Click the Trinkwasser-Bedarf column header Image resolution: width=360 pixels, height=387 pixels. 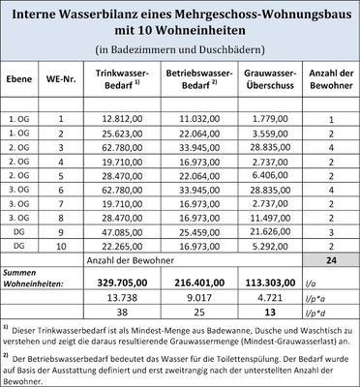122,79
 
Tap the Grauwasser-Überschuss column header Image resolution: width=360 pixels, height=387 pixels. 258,79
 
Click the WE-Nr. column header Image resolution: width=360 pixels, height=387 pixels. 60,79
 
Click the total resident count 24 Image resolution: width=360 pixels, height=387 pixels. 330,263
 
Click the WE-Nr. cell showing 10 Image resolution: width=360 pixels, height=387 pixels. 60,248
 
